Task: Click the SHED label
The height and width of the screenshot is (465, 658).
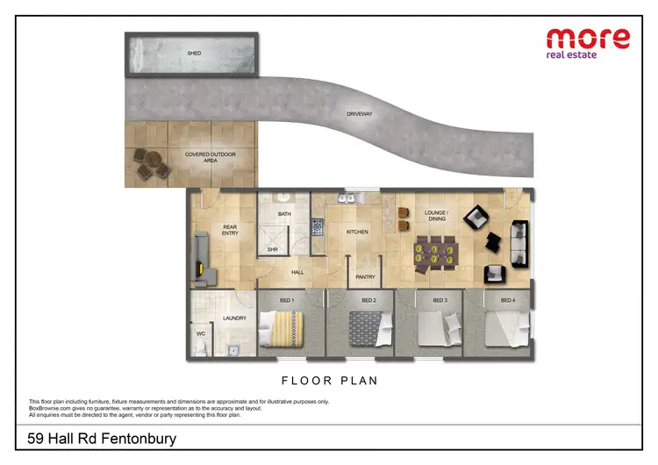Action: (194, 54)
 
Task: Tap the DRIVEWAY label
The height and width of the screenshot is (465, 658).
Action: (360, 114)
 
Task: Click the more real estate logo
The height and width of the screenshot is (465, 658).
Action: (588, 44)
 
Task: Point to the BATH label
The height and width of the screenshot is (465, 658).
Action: (284, 214)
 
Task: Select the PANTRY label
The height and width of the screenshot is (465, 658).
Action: (366, 277)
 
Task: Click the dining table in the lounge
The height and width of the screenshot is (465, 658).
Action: (434, 251)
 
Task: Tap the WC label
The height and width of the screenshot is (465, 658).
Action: (200, 334)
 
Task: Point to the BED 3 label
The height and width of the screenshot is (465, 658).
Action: (440, 301)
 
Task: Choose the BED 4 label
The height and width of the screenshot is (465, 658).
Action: (507, 301)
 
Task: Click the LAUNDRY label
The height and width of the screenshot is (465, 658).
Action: (234, 318)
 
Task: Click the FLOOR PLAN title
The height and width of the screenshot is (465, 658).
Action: (329, 382)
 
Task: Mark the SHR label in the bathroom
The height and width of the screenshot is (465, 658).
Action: (272, 249)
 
